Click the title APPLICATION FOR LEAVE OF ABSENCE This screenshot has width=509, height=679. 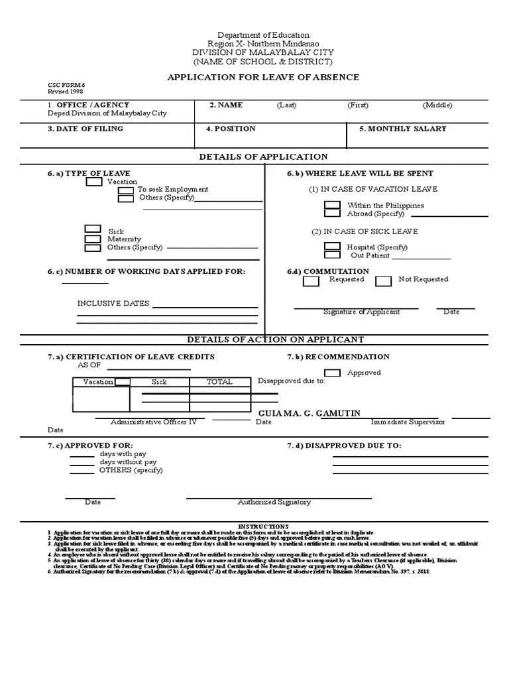pos(263,78)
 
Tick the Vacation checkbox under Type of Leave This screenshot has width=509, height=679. pos(95,182)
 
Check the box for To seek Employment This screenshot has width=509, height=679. pos(126,190)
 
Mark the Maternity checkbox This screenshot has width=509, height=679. pos(93,239)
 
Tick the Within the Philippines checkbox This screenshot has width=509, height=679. pos(332,206)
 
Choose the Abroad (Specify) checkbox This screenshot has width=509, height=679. pos(332,214)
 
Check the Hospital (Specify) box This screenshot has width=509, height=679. pos(332,247)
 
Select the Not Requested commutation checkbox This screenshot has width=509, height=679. pos(383,281)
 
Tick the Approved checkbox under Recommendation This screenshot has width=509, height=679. pos(332,373)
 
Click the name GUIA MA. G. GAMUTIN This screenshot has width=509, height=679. pos(310,413)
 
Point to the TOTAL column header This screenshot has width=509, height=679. pos(219,382)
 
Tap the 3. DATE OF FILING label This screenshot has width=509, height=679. pos(85,129)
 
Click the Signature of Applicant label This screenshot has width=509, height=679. pos(361,312)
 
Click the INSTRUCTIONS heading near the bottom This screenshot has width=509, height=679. pos(263,526)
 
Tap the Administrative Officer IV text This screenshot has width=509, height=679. pos(153,422)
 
